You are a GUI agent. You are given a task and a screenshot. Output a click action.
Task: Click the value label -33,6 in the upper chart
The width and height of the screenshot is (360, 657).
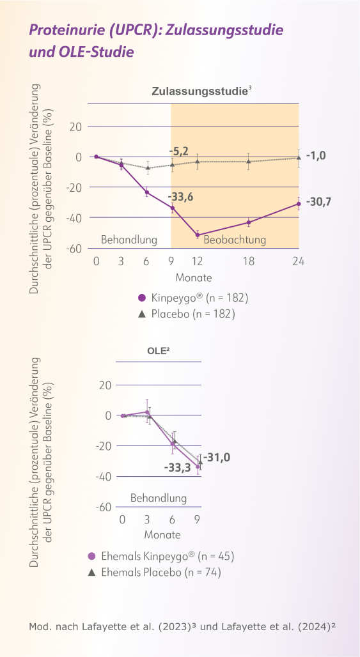click(x=181, y=197)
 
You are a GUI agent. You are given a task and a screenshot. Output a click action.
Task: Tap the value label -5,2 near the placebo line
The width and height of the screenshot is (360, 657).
click(x=179, y=151)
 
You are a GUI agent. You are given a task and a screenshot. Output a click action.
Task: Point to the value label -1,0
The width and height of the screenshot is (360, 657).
click(x=318, y=155)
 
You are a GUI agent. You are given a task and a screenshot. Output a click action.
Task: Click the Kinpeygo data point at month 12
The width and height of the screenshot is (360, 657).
click(x=198, y=235)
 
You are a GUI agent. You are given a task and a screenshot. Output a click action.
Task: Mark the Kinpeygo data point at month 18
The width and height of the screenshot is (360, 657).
click(x=248, y=222)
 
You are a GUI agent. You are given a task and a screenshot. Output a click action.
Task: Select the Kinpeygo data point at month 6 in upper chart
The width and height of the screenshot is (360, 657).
click(x=147, y=192)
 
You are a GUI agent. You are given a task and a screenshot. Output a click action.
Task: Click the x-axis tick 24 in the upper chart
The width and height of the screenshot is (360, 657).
click(x=298, y=261)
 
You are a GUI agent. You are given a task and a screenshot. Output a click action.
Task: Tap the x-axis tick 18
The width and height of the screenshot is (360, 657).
click(x=248, y=261)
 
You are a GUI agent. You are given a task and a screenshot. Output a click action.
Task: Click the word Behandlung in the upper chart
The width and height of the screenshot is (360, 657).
click(x=129, y=240)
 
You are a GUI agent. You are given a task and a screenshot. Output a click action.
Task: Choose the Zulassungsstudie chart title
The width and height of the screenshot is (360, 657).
click(x=200, y=92)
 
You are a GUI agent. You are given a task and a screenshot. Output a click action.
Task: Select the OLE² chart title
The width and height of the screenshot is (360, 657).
click(x=159, y=350)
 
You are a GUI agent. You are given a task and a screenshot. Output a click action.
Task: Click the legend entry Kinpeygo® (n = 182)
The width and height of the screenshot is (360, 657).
click(x=192, y=298)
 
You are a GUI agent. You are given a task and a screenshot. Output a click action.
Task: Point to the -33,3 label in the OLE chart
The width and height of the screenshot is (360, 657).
click(x=177, y=468)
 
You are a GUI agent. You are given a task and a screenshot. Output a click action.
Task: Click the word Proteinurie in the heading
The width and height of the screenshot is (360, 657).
click(x=67, y=30)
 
